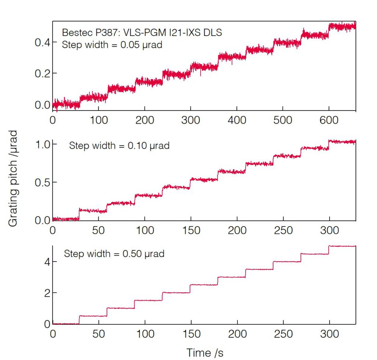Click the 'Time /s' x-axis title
coord(205,352)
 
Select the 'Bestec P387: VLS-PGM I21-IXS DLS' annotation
coord(142,33)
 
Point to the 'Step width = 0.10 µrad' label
coord(119,146)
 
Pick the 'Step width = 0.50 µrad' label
coord(114,254)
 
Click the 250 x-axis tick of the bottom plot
coord(283,334)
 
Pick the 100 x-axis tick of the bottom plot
coord(145,334)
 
